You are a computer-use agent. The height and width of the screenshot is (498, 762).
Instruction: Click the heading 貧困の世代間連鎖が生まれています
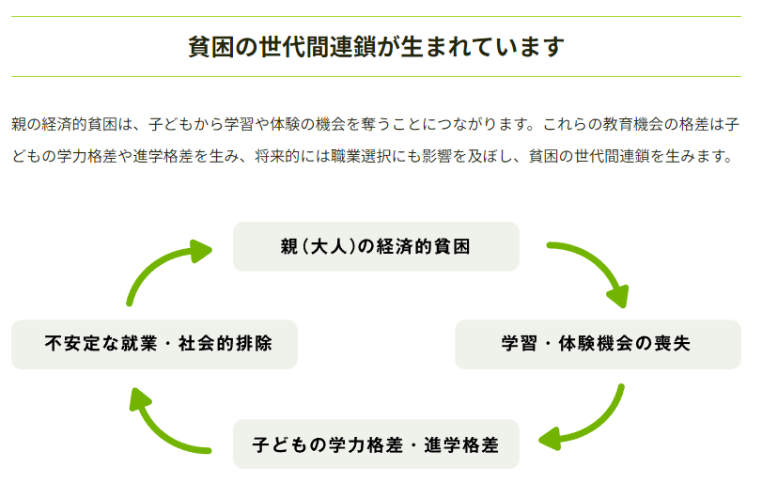click(x=376, y=47)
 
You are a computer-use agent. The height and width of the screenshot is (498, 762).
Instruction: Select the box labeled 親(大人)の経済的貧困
click(x=376, y=246)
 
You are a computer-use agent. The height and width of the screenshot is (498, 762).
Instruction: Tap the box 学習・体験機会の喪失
click(x=598, y=344)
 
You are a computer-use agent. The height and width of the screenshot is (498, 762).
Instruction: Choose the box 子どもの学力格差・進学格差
click(x=376, y=444)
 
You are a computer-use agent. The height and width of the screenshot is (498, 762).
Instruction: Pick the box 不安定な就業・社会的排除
click(x=154, y=344)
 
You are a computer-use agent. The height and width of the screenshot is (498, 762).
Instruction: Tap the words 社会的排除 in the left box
click(x=225, y=344)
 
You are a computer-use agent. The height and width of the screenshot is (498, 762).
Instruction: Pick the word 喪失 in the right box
click(x=672, y=344)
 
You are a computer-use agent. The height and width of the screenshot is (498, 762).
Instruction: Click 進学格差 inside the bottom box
click(x=461, y=444)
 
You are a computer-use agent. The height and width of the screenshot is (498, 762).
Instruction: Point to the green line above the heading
click(x=376, y=17)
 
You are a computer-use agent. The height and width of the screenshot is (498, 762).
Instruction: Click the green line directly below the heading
click(x=376, y=77)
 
